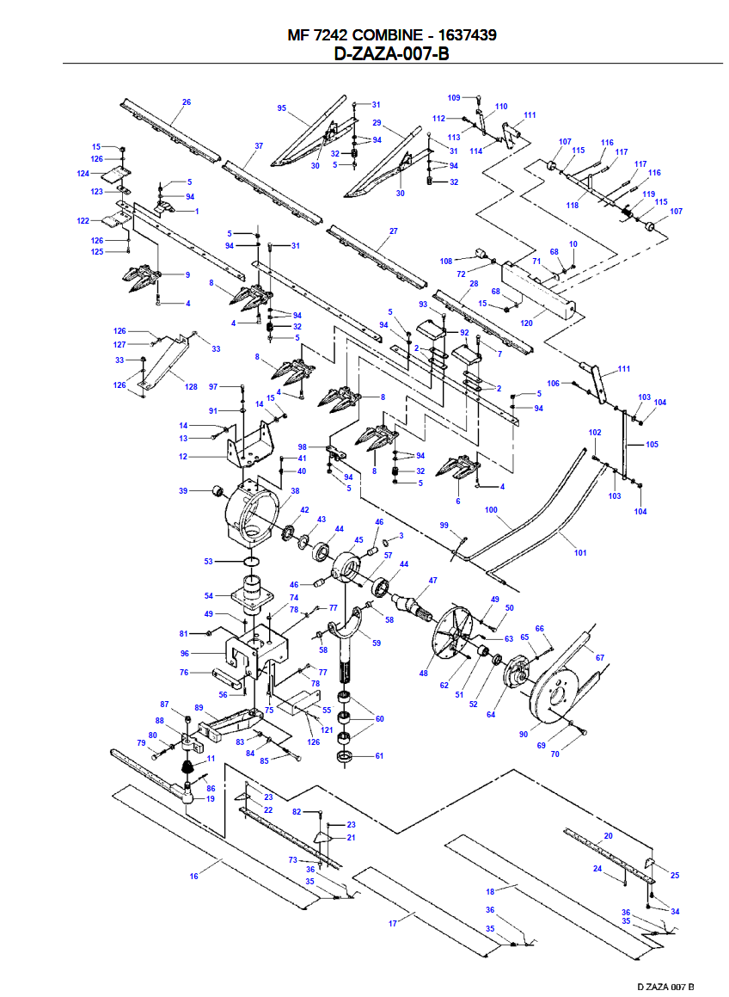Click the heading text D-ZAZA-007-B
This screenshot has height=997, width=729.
391,53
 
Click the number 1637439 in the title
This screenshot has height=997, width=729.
461,35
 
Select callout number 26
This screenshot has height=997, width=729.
187,102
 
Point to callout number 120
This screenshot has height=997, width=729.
527,323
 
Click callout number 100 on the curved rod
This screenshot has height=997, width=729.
491,510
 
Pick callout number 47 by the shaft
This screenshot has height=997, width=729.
432,581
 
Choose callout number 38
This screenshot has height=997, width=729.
295,491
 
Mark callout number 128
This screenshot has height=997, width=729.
191,387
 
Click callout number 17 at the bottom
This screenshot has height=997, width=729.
393,923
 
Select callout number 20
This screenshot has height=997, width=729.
609,835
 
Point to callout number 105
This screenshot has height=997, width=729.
652,445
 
